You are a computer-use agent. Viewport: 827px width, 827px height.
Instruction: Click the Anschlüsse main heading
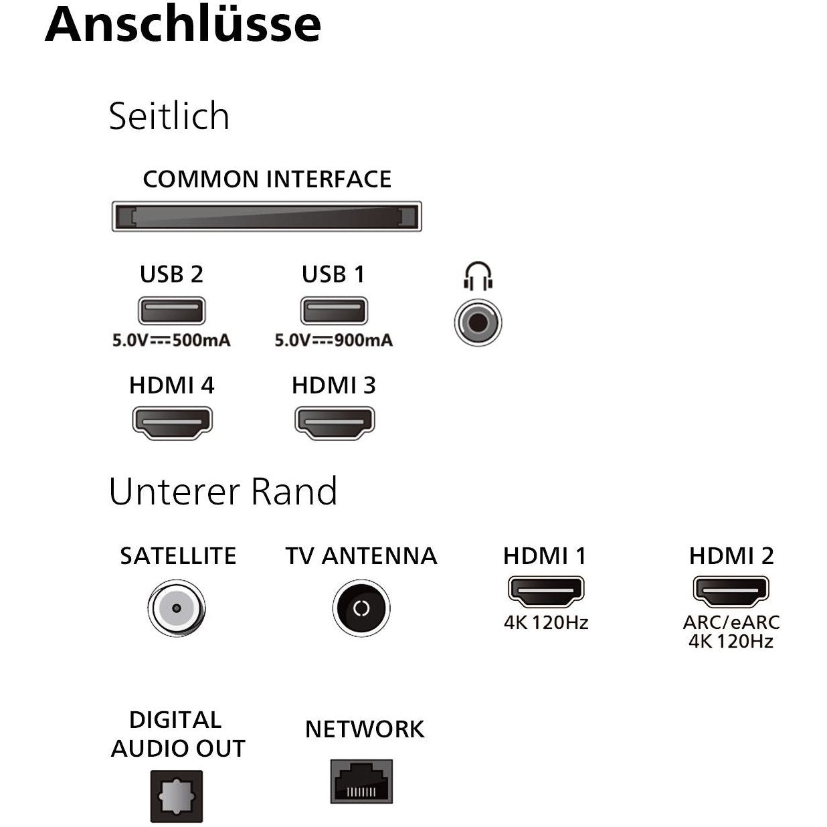183,25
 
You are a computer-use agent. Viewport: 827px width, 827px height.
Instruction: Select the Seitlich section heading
169,116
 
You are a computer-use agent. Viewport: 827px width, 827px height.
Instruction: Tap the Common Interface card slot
266,216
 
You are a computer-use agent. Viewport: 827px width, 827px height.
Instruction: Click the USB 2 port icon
172,310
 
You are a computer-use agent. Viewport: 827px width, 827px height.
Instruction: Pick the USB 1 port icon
334,310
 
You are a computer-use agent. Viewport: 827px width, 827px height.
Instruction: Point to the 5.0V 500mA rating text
172,341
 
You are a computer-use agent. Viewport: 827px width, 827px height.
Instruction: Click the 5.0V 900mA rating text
334,341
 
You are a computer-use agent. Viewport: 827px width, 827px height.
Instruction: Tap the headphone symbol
478,276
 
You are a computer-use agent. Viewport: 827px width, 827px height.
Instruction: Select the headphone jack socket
478,323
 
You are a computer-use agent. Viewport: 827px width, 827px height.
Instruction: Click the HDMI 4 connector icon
172,423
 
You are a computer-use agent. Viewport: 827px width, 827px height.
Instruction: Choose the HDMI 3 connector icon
335,423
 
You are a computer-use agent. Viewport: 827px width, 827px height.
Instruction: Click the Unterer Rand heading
223,491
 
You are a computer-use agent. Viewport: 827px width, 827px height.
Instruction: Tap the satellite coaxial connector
177,608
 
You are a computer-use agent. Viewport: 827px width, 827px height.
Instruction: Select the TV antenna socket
361,608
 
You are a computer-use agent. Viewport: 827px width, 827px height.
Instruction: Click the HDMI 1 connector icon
546,591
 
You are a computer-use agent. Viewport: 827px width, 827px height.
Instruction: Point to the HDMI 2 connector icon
731,591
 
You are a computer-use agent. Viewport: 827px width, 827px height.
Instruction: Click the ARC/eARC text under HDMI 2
731,622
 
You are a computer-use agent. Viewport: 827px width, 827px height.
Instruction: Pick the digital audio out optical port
177,796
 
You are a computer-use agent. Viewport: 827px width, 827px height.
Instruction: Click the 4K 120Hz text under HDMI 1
546,622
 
